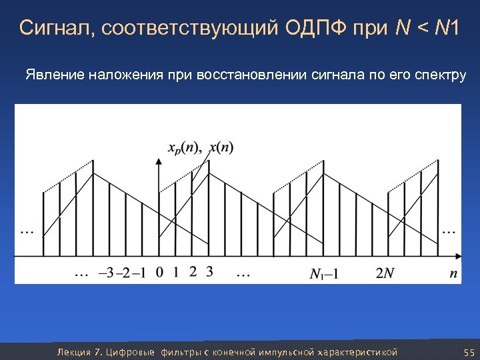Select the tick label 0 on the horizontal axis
159,272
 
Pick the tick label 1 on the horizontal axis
175,272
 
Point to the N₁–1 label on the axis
325,273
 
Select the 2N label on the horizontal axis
385,273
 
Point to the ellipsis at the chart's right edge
450,231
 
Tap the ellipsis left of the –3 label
81,273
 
